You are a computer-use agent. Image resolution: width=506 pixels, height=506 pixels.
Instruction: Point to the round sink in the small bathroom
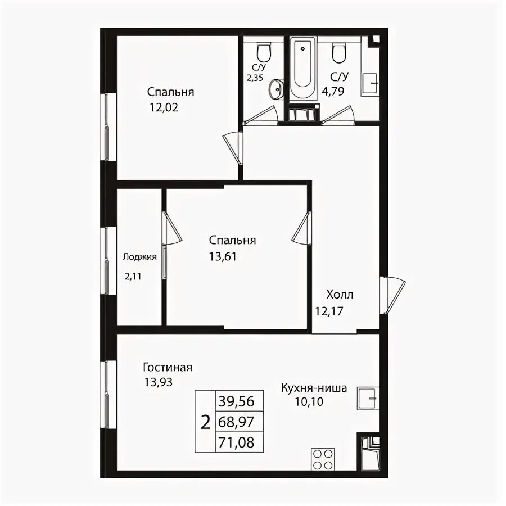[x=276, y=88]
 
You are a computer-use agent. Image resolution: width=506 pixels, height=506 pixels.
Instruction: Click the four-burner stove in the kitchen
[x=323, y=459]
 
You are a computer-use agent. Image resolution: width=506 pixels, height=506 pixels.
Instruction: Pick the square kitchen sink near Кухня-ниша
[x=368, y=399]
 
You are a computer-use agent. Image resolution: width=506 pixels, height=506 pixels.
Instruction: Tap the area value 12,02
[x=164, y=107]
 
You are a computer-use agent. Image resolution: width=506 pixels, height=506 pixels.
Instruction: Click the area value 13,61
[x=223, y=256]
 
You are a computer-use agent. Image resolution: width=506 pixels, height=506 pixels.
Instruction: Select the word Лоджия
[x=139, y=257]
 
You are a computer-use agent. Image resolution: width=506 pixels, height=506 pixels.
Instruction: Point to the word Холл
[x=340, y=295]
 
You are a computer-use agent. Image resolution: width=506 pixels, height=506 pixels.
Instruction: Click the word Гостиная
[x=168, y=367]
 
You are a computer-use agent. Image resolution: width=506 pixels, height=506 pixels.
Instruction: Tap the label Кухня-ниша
[x=314, y=387]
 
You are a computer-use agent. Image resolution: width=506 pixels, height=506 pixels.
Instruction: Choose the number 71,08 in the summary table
[x=236, y=442]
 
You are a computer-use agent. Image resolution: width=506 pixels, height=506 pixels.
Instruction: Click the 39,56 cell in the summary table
[x=236, y=401]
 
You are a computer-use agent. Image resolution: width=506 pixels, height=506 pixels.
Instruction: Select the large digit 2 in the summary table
[x=205, y=422]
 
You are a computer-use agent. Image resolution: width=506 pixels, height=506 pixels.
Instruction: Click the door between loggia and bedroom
[x=171, y=228]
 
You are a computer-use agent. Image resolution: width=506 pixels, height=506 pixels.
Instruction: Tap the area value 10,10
[x=309, y=402]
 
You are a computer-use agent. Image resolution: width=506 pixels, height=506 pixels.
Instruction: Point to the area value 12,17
[x=329, y=311]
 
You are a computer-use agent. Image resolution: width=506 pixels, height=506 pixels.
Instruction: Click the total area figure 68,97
[x=236, y=422]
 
